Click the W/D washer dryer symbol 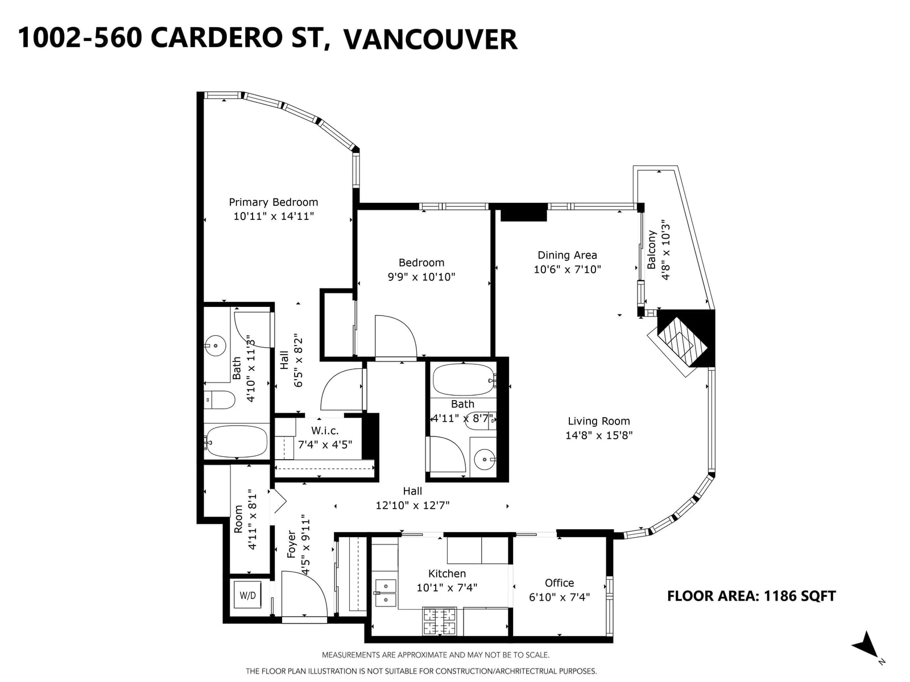click(x=247, y=595)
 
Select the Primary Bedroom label click(x=273, y=202)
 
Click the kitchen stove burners click(x=439, y=621)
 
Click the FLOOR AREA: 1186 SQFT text click(x=751, y=596)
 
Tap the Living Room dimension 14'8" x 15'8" click(x=599, y=435)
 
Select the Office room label click(x=559, y=583)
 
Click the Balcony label click(x=652, y=249)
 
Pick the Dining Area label click(x=567, y=255)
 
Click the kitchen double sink click(x=386, y=593)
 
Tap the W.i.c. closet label click(x=325, y=431)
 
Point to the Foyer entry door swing click(x=305, y=595)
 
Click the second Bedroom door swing click(x=395, y=336)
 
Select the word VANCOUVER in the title click(x=431, y=39)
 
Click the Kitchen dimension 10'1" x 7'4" click(x=447, y=588)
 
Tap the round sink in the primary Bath click(x=215, y=346)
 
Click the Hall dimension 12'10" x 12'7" click(x=412, y=506)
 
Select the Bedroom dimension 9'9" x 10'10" click(x=421, y=277)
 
